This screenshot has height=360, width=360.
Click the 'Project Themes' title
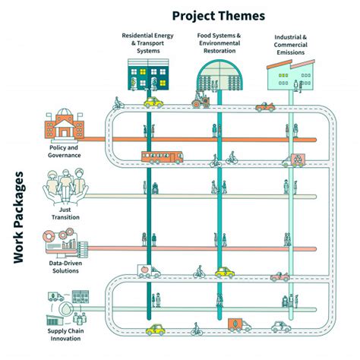point(218,15)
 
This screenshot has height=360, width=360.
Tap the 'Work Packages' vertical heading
point(23,217)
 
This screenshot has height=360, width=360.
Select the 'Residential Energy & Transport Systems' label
point(149,43)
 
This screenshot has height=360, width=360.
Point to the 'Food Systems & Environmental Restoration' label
point(219,43)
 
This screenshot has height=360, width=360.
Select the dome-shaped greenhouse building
point(219,77)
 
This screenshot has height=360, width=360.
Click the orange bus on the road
point(162,158)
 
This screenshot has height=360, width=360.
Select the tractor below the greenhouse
point(201,99)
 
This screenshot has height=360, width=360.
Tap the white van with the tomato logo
point(148,271)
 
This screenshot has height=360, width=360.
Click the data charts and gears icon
point(65,242)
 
